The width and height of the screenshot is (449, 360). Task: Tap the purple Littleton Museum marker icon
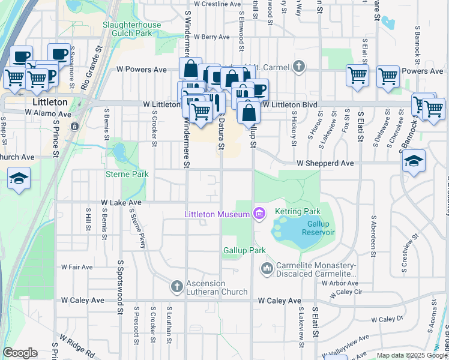[x=259, y=214]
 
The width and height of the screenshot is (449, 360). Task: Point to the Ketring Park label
[x=298, y=212]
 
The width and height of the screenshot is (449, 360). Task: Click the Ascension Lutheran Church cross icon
[x=176, y=286]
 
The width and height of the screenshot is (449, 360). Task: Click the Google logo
[x=20, y=353]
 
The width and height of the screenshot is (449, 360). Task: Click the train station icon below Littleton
[x=74, y=127]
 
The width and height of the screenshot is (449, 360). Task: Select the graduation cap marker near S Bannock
[x=414, y=161]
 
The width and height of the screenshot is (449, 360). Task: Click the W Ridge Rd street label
[x=77, y=346]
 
